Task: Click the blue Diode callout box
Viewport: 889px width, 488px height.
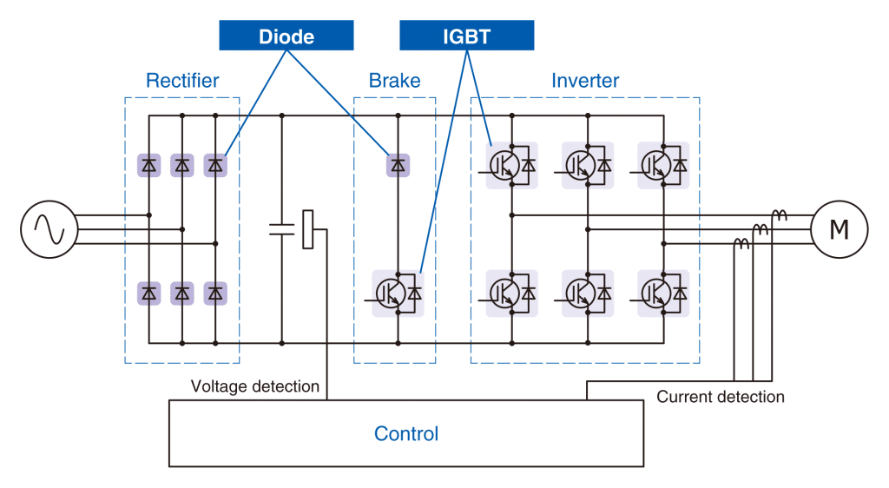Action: pyautogui.click(x=286, y=36)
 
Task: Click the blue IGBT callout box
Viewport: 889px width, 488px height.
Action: pyautogui.click(x=466, y=36)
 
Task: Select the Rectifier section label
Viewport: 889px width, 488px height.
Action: pyautogui.click(x=182, y=81)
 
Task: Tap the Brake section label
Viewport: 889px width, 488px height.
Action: pyautogui.click(x=394, y=81)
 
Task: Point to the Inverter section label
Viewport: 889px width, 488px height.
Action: pyautogui.click(x=585, y=81)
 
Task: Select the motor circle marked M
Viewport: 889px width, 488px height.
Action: pyautogui.click(x=839, y=230)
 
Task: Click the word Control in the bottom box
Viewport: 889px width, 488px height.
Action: pyautogui.click(x=406, y=433)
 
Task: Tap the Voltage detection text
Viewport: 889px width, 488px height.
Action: pyautogui.click(x=255, y=386)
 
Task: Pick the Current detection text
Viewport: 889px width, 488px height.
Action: pyautogui.click(x=721, y=397)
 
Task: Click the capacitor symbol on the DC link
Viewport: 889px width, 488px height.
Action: pyautogui.click(x=282, y=229)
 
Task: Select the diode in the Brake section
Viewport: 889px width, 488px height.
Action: pyautogui.click(x=398, y=164)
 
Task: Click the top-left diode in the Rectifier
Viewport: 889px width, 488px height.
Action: pyautogui.click(x=149, y=164)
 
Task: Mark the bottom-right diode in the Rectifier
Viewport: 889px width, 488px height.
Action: pyautogui.click(x=215, y=293)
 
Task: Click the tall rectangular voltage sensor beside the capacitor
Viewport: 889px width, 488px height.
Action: pyautogui.click(x=307, y=229)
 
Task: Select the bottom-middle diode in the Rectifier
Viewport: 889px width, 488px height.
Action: pyautogui.click(x=182, y=293)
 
